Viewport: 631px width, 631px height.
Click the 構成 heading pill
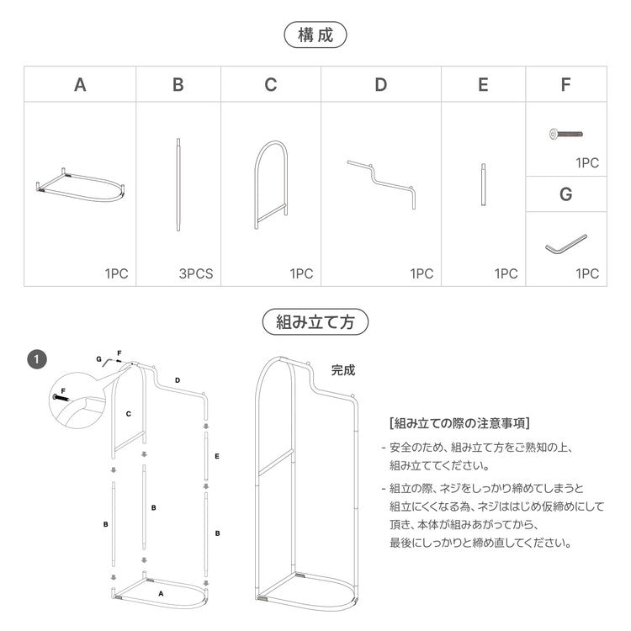coord(315,35)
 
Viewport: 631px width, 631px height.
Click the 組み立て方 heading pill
coord(315,321)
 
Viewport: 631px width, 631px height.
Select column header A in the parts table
coord(80,85)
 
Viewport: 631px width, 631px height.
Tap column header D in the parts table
coord(381,85)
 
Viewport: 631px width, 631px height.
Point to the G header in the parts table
coord(565,194)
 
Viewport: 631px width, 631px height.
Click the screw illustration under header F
coord(565,134)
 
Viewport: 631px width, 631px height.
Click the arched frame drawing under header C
coord(270,185)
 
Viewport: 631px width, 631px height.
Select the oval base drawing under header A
coord(81,184)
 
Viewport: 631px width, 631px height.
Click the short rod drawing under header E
coord(483,184)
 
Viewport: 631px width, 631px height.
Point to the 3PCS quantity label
coord(195,273)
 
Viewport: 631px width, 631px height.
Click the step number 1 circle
coord(37,359)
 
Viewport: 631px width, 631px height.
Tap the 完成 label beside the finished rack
coord(343,369)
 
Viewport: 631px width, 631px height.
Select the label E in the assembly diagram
coord(217,456)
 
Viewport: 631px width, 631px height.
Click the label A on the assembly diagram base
coord(160,593)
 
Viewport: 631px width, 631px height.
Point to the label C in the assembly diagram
coord(128,414)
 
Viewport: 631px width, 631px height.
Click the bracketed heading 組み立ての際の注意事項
coord(459,423)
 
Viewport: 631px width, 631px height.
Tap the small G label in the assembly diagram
coord(98,358)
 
